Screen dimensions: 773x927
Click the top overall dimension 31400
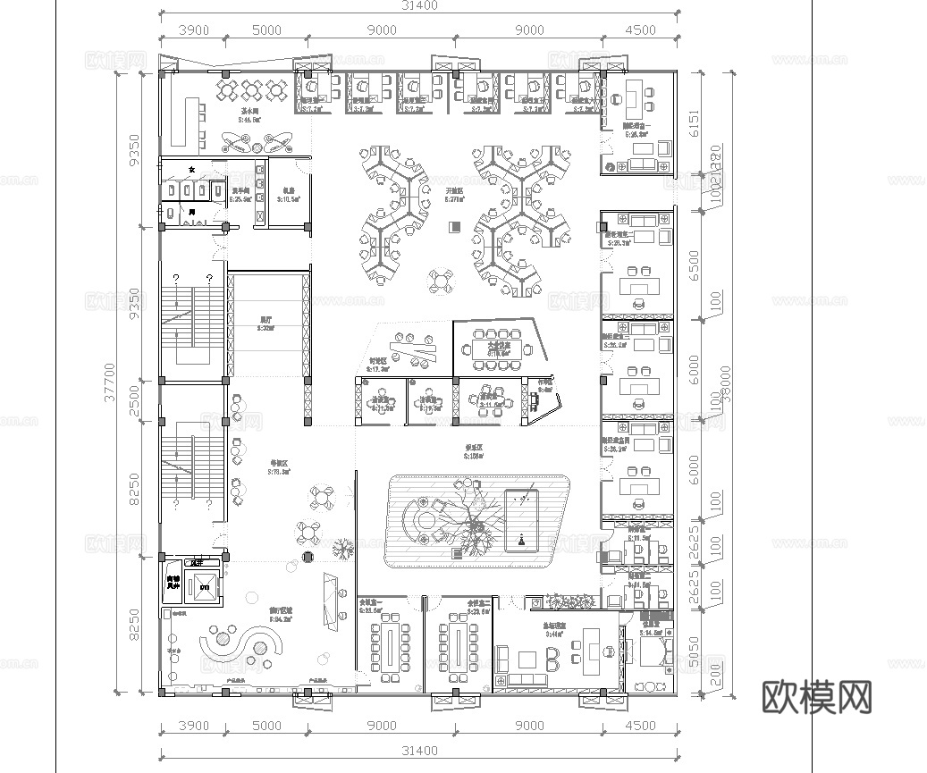click(x=418, y=7)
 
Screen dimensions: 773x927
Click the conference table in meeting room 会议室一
click(x=390, y=647)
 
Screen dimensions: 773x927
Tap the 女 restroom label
click(x=190, y=169)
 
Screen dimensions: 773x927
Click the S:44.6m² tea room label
click(x=249, y=118)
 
